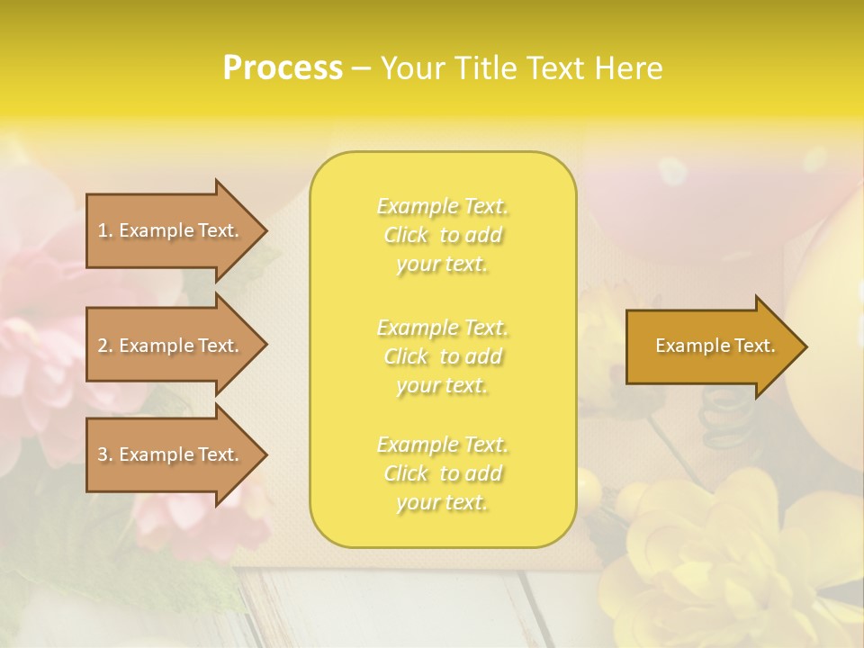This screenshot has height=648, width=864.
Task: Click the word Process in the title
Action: (x=283, y=68)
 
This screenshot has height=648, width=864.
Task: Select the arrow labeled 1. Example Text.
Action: (x=171, y=230)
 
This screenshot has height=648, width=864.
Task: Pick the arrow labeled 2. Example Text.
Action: (x=171, y=346)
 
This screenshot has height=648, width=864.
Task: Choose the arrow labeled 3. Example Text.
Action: (x=171, y=454)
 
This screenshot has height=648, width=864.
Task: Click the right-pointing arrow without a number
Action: (x=711, y=346)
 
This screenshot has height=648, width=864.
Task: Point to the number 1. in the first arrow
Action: (x=105, y=230)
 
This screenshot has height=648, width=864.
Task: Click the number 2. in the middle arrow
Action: (x=105, y=346)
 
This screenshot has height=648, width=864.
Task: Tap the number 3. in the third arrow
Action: (x=105, y=454)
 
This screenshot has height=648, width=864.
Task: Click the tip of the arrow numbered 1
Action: (x=265, y=230)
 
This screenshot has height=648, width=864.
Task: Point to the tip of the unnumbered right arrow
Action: (x=805, y=346)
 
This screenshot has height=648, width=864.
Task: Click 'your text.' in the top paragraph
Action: (x=442, y=265)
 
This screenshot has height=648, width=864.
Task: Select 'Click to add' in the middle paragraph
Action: (x=443, y=356)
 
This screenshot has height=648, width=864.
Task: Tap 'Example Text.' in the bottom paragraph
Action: (x=443, y=445)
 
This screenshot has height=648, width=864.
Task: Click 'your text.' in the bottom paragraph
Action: (x=442, y=503)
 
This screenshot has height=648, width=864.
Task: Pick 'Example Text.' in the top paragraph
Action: (x=443, y=206)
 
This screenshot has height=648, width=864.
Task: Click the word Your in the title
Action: (x=413, y=68)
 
